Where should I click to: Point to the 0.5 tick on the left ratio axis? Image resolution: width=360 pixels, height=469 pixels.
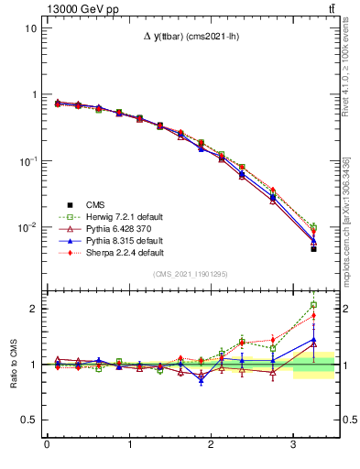pos(28,420)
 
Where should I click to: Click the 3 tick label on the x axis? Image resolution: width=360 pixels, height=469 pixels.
pos(293,445)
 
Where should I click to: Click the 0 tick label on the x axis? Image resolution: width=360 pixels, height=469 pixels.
pos(47,445)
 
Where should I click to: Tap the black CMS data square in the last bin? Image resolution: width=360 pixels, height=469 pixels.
pos(313,249)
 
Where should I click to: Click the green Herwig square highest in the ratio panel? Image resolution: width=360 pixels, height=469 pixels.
pos(313,305)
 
